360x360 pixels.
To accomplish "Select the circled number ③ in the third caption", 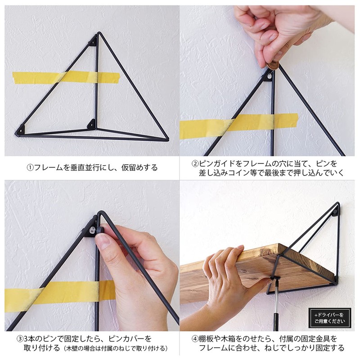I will (20, 338).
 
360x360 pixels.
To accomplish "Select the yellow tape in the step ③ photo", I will (54, 293).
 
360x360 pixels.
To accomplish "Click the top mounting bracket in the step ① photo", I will (93, 42).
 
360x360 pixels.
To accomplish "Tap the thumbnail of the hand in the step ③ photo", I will (103, 243).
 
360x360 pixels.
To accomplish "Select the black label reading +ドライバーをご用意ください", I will (329, 318).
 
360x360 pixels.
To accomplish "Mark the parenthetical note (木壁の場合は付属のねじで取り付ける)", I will (116, 348).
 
